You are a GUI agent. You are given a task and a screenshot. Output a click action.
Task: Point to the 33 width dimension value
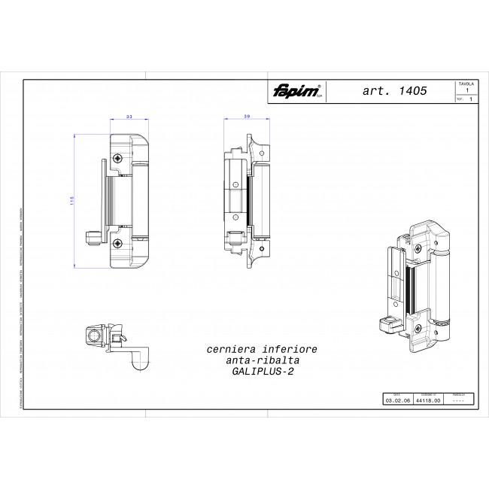click(x=129, y=117)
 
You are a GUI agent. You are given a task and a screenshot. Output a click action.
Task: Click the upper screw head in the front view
click(x=117, y=159)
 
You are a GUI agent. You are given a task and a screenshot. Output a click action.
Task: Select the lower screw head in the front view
click(x=117, y=243)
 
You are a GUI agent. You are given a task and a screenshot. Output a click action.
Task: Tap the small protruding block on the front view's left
click(x=93, y=238)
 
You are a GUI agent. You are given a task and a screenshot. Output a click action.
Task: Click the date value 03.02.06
click(x=396, y=402)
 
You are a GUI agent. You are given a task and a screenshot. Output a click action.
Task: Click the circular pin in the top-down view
click(x=95, y=333)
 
